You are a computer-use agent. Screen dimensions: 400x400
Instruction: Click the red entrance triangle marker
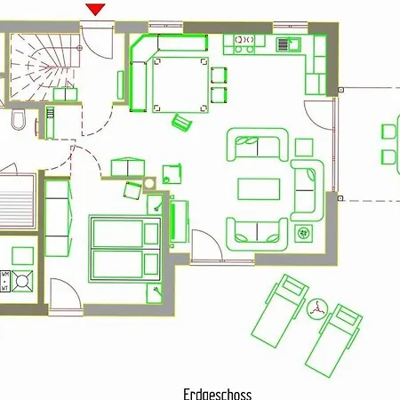point(96,9)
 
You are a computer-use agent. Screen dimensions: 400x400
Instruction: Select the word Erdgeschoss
point(217,393)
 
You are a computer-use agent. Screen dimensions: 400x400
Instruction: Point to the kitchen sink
point(287,43)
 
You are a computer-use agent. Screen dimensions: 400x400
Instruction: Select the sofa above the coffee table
point(258,146)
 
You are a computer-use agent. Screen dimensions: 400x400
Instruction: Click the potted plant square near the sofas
point(305,234)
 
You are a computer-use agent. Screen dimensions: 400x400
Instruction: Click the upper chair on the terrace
point(388,132)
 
